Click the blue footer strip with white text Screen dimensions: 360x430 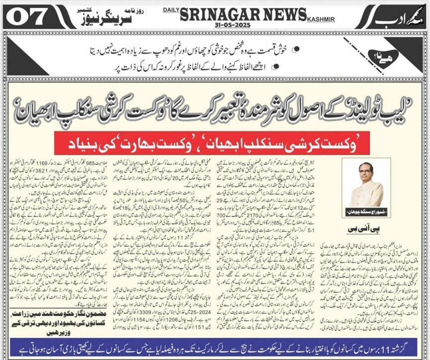pyautogui.click(x=215, y=347)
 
